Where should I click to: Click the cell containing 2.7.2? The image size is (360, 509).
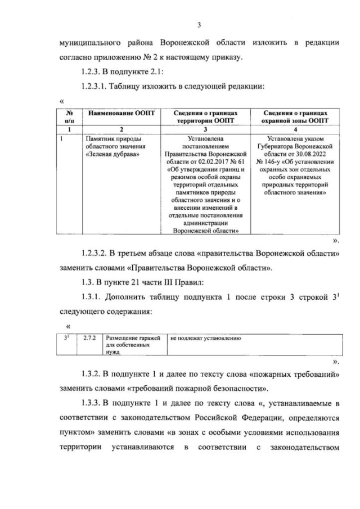tap(89, 339)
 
